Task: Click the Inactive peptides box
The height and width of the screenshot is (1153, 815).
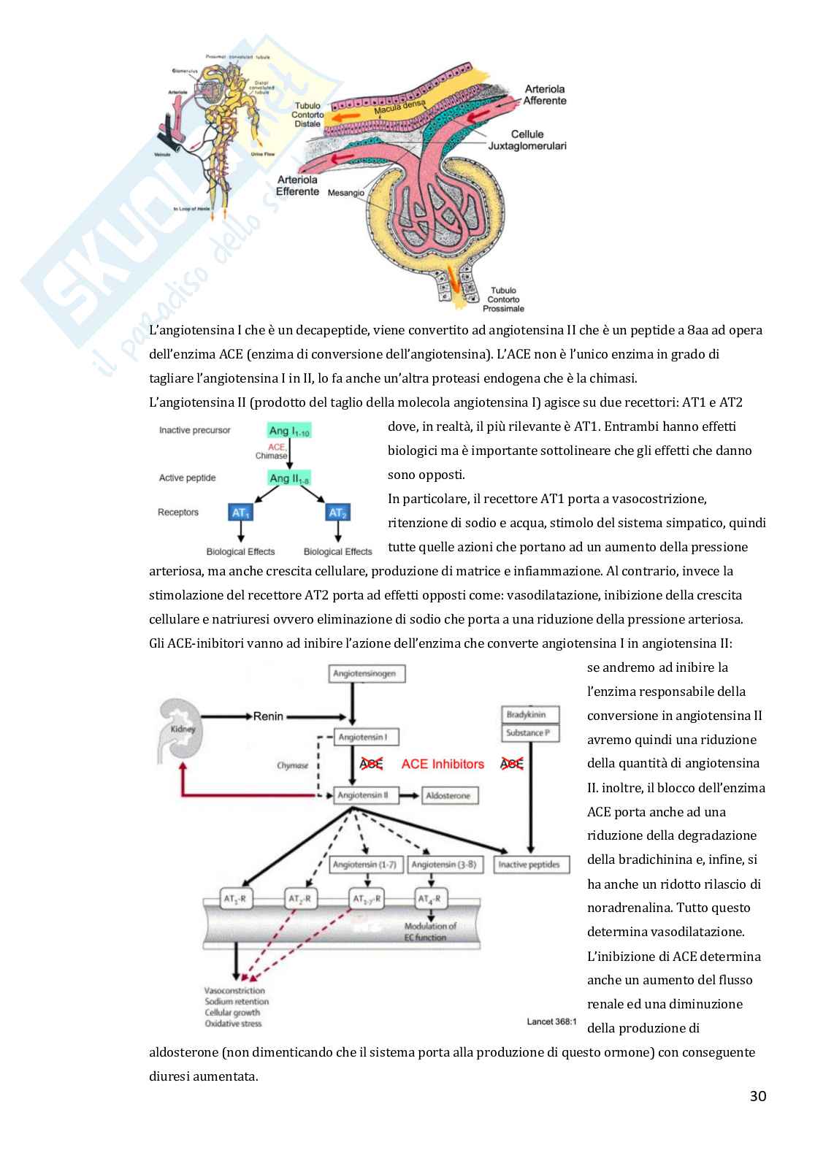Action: [x=529, y=865]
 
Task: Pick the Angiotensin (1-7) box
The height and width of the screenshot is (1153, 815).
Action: [x=364, y=865]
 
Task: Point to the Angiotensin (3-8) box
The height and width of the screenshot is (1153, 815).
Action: [x=444, y=865]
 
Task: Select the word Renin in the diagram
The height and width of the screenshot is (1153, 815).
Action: [x=268, y=716]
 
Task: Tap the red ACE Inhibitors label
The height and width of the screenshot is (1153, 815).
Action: [x=443, y=764]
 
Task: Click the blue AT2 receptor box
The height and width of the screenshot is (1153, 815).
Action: [x=337, y=513]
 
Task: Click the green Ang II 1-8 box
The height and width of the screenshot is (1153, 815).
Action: [x=290, y=478]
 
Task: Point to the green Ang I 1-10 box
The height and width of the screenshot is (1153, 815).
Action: [x=290, y=431]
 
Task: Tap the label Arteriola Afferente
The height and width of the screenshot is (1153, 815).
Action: [x=545, y=95]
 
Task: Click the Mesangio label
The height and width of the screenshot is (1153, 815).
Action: [x=345, y=193]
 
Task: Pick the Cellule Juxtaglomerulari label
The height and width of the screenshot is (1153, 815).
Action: [x=528, y=140]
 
